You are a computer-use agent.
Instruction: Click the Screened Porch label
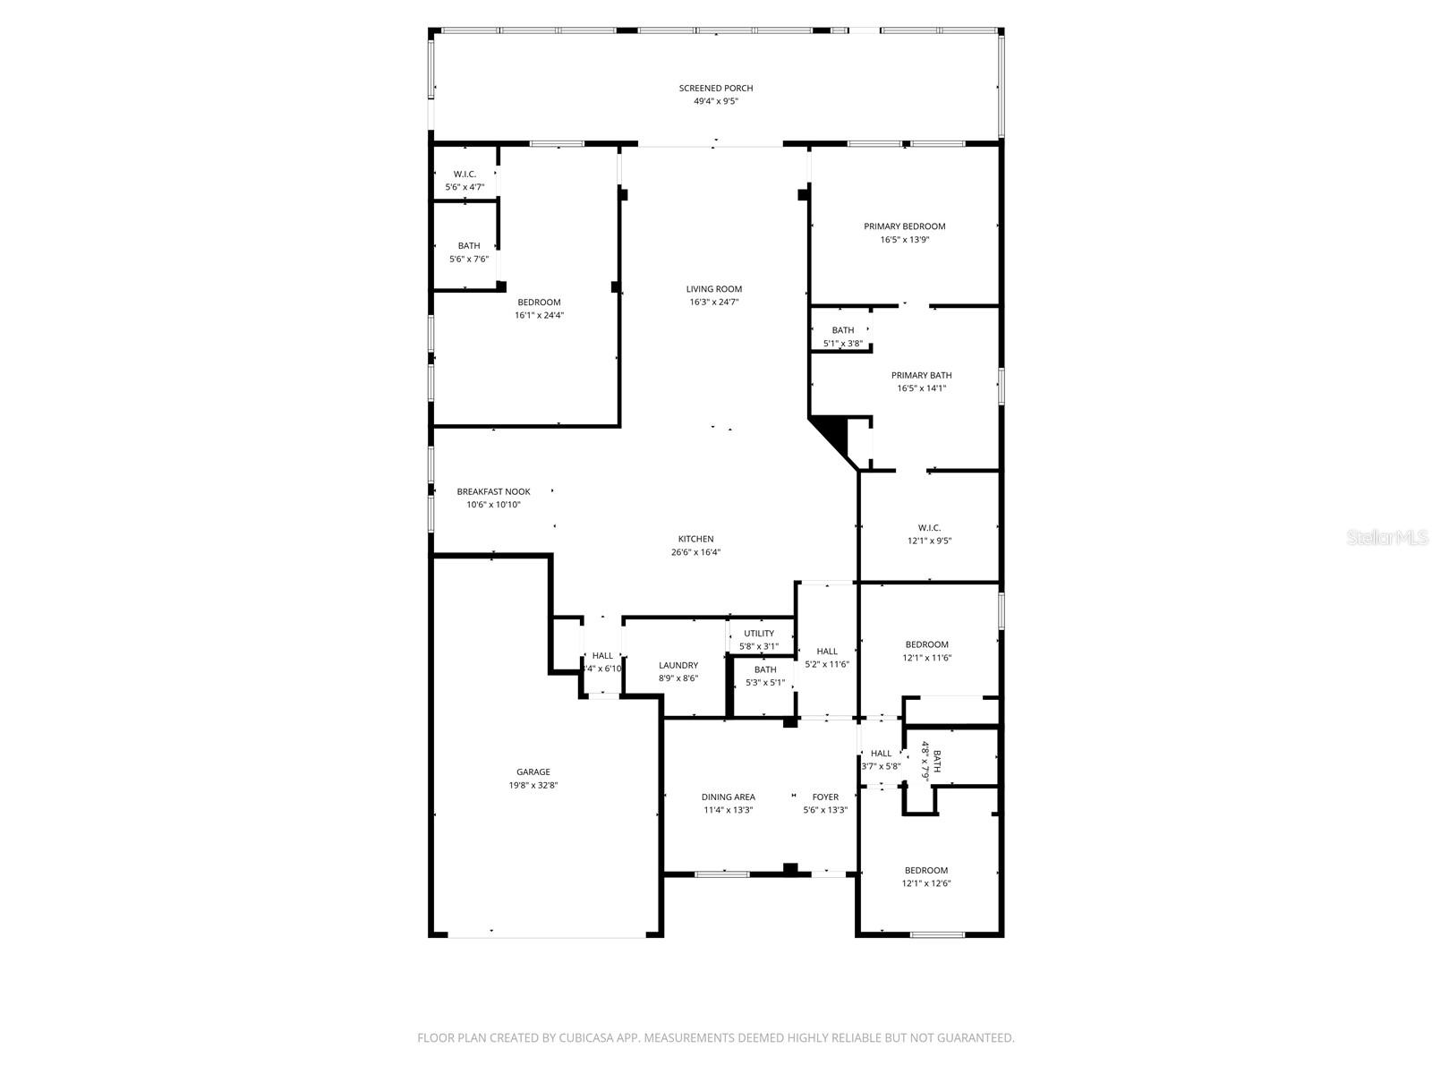(715, 88)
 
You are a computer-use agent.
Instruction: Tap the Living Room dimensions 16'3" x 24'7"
(713, 303)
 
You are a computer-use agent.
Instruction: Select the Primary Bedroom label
(904, 226)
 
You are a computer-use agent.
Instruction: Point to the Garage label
(533, 771)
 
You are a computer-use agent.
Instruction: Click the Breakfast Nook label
(493, 491)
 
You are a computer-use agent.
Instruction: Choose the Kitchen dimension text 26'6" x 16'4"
(695, 552)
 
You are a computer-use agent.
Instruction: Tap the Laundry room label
(678, 665)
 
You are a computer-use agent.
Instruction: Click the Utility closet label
(758, 633)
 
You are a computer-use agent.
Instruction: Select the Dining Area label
(728, 797)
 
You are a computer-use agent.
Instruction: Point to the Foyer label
(825, 797)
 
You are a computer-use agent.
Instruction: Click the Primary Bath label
(921, 375)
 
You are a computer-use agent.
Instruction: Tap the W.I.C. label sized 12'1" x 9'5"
(929, 528)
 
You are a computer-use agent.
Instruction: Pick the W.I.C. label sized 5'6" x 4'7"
(465, 174)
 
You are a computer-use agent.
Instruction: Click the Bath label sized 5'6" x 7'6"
(468, 245)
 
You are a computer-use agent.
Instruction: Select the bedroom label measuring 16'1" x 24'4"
(539, 303)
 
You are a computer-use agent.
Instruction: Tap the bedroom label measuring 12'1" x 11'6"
(926, 644)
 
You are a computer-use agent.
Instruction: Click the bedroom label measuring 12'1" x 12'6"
(925, 870)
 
